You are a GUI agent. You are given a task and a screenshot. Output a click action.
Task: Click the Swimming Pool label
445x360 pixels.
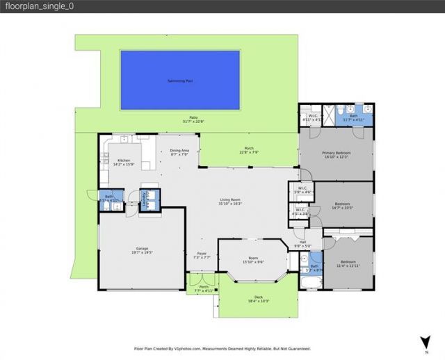tap(179, 81)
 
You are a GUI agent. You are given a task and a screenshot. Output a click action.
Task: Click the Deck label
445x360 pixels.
tap(259, 297)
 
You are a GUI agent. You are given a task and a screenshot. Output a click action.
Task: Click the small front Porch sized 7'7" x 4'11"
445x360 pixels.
tap(204, 288)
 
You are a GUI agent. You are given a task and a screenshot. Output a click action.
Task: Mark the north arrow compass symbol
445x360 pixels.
tap(424, 341)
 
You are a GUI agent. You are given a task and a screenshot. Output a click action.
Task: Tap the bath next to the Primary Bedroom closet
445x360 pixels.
tap(353, 117)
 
